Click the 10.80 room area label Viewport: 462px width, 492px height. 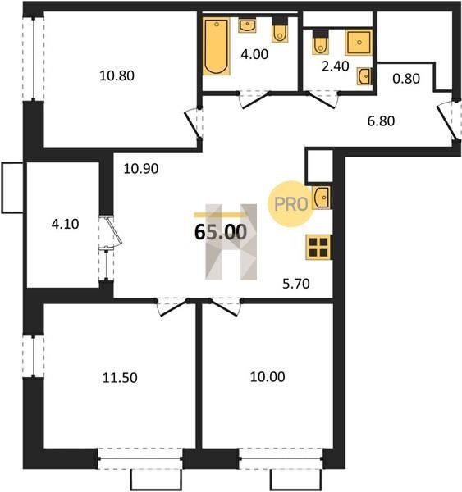pyautogui.click(x=117, y=75)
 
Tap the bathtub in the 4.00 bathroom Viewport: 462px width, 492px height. pyautogui.click(x=216, y=47)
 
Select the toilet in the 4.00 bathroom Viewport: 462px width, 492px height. pyautogui.click(x=280, y=30)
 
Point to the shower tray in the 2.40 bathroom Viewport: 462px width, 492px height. pyautogui.click(x=359, y=43)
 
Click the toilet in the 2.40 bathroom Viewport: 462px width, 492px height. pyautogui.click(x=320, y=42)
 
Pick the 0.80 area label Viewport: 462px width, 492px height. pyautogui.click(x=406, y=79)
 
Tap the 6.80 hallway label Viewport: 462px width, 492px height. pyautogui.click(x=381, y=121)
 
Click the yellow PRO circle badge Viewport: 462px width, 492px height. pyautogui.click(x=290, y=204)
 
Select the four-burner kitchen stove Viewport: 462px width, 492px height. pyautogui.click(x=318, y=248)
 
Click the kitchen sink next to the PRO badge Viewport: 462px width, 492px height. pyautogui.click(x=322, y=198)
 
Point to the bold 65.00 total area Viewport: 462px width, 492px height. pyautogui.click(x=221, y=233)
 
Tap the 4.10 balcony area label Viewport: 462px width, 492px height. pyautogui.click(x=65, y=224)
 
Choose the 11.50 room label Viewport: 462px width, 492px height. pyautogui.click(x=120, y=378)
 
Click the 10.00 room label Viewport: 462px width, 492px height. pyautogui.click(x=268, y=377)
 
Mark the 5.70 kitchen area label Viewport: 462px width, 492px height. pyautogui.click(x=296, y=284)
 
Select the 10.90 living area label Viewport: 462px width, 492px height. pyautogui.click(x=141, y=169)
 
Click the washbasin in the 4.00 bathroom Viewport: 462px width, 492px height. pyautogui.click(x=247, y=25)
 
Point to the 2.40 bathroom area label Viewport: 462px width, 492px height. pyautogui.click(x=336, y=66)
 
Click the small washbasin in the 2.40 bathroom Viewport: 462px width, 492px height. pyautogui.click(x=364, y=76)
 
